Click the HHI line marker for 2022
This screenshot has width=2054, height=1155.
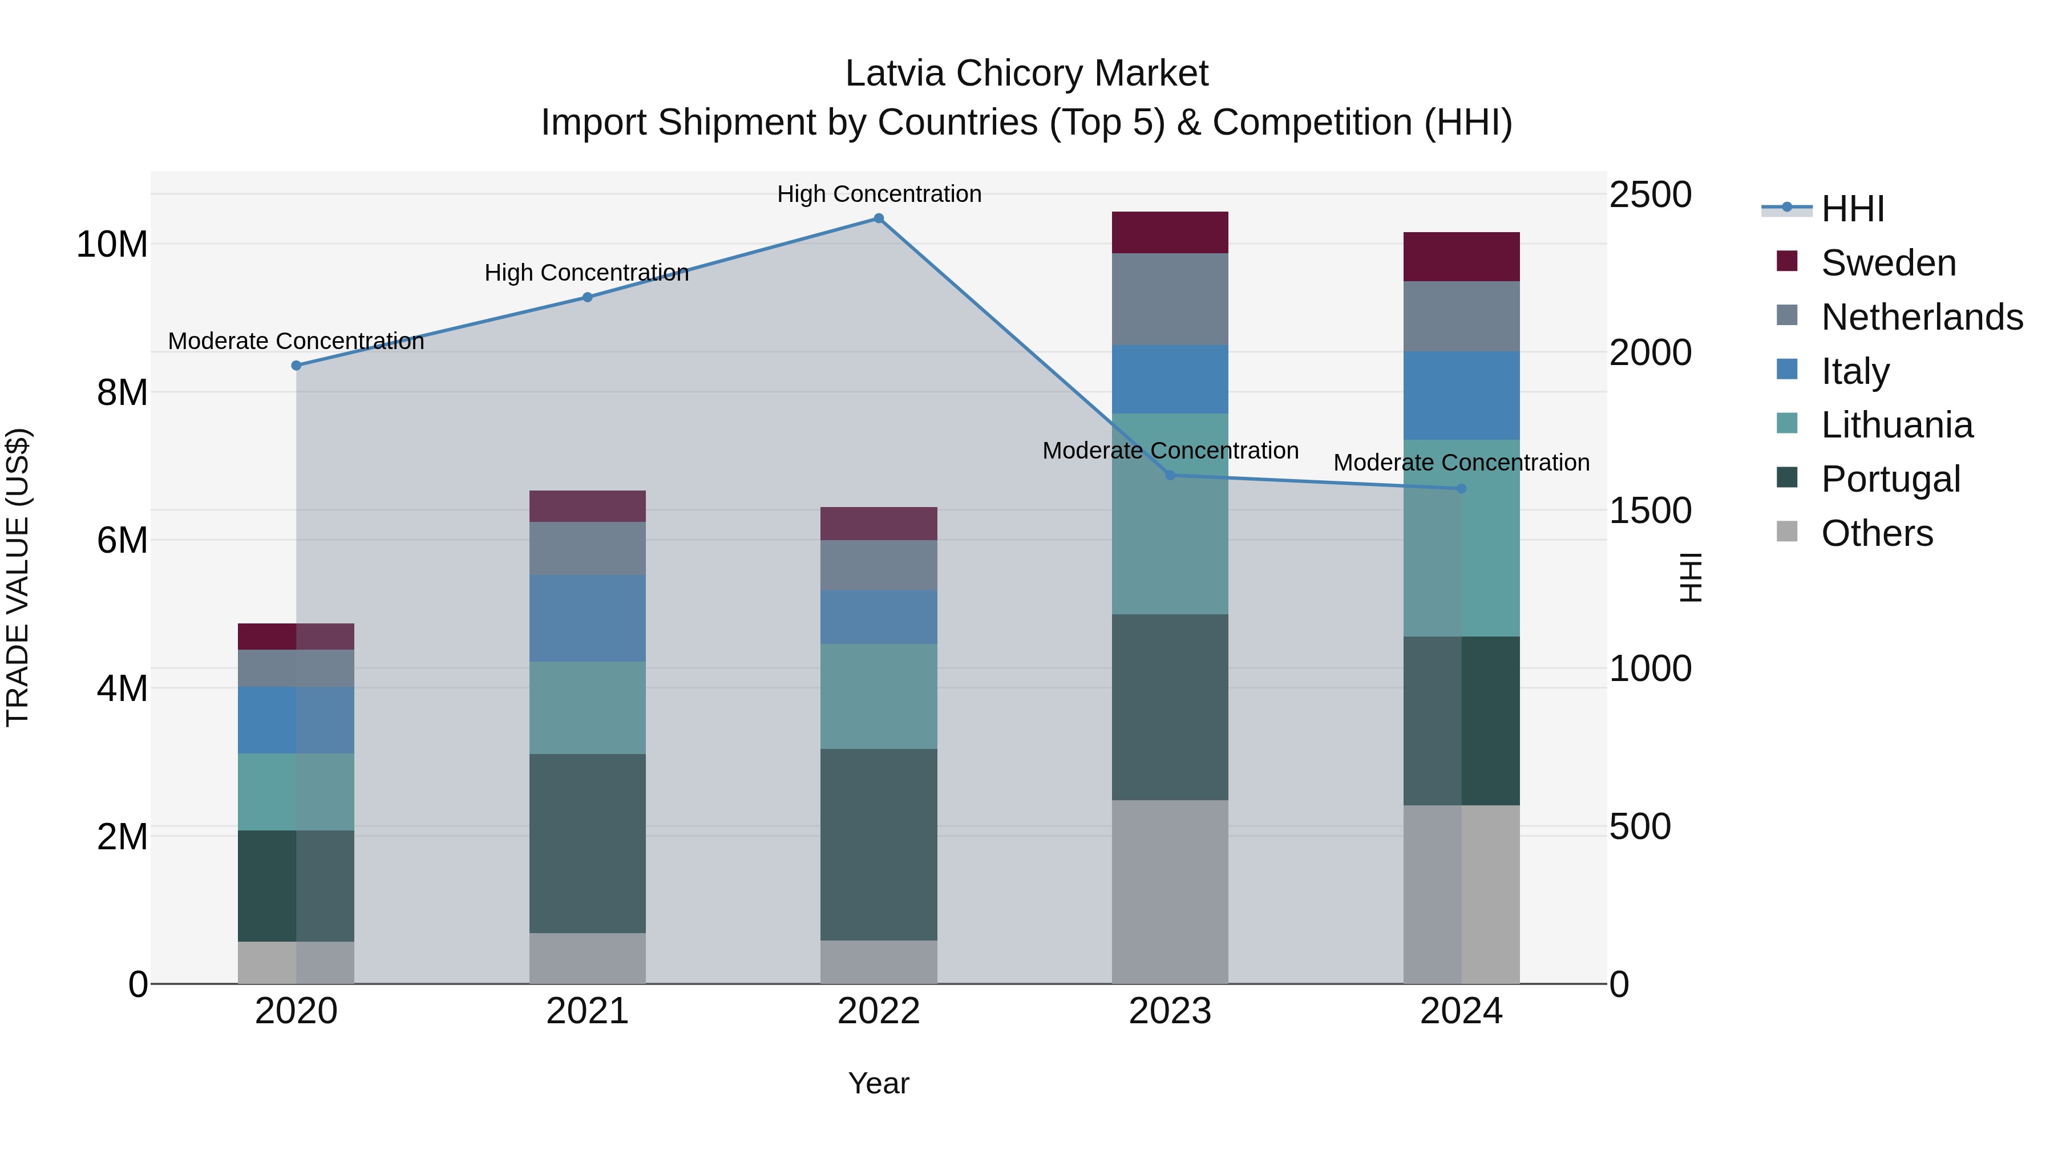coord(879,218)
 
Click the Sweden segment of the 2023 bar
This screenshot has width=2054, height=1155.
coord(1170,233)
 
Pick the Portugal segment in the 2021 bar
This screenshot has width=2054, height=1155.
coord(588,844)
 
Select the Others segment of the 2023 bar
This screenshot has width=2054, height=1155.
coord(1170,891)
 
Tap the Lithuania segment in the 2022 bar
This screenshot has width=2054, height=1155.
coord(879,696)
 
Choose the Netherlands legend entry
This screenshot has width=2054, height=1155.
coord(1922,317)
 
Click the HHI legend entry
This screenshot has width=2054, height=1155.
coord(1852,209)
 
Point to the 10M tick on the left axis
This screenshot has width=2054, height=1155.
coord(112,244)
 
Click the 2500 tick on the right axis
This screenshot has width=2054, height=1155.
coord(1649,194)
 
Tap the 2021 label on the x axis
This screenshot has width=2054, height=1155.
coord(588,1011)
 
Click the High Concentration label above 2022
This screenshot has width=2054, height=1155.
coord(879,194)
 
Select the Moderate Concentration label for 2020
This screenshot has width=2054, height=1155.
coord(296,341)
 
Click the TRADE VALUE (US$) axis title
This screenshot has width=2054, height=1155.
coord(18,577)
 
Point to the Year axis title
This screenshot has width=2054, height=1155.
coord(879,1083)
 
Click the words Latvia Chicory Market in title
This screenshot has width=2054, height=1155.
coord(1026,74)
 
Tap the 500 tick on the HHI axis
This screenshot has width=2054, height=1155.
coord(1639,826)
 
